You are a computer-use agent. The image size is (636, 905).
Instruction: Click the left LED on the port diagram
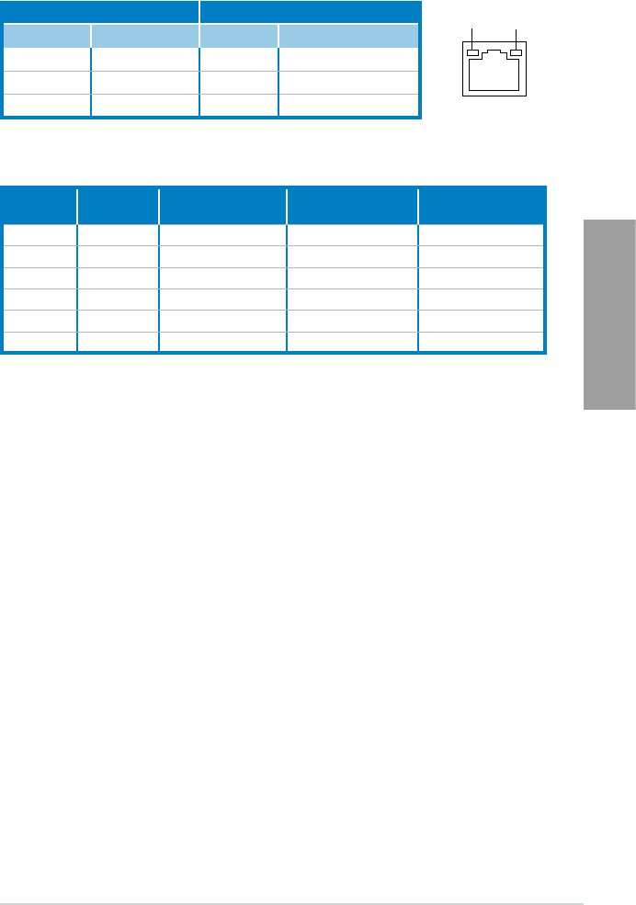[x=473, y=53]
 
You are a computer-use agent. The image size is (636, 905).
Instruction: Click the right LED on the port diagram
[x=516, y=53]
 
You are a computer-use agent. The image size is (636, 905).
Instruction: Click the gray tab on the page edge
[x=608, y=315]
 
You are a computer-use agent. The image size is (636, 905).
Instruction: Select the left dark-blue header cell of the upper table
[x=100, y=12]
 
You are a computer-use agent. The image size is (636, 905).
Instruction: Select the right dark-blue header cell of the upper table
[x=310, y=12]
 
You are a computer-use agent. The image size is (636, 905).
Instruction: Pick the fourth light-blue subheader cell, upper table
[x=348, y=35]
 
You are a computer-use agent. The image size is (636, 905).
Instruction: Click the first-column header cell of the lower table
[x=40, y=205]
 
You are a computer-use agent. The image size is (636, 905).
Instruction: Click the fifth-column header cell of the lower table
[x=482, y=205]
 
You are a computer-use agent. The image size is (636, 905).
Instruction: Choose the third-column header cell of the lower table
[x=222, y=205]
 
